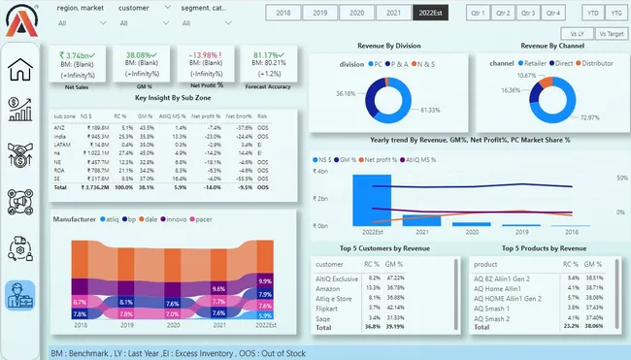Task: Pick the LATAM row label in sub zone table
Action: tap(61, 147)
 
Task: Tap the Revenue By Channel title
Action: tap(552, 46)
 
